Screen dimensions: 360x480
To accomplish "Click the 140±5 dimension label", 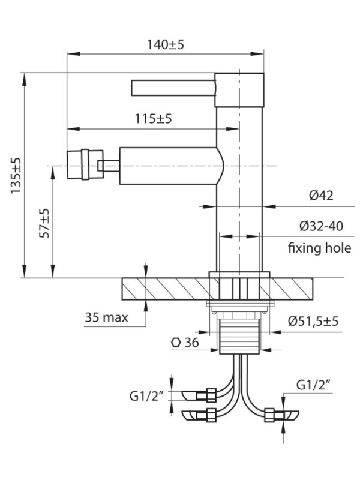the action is click(166, 44).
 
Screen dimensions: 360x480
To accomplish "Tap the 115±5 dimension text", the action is click(154, 118).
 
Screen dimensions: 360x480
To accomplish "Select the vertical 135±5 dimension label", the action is click(16, 175).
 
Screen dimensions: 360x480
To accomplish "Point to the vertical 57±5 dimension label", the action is click(44, 223).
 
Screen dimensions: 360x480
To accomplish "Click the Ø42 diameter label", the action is click(321, 196).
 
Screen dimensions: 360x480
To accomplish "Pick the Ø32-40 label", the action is click(321, 226).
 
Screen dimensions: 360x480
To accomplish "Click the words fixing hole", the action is click(320, 247).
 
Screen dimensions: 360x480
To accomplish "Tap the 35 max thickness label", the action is click(106, 317).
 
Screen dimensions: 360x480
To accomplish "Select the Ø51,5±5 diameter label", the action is click(313, 321).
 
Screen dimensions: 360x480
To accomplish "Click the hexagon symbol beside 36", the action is click(176, 343).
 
